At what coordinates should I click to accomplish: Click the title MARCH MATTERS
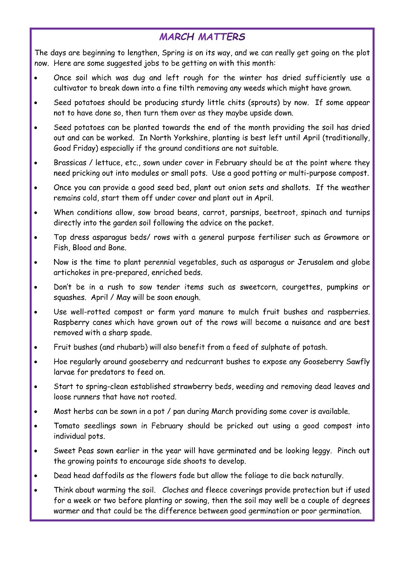click(x=202, y=37)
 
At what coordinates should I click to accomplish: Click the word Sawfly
click(x=357, y=361)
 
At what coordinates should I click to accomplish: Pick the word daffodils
click(x=108, y=476)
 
